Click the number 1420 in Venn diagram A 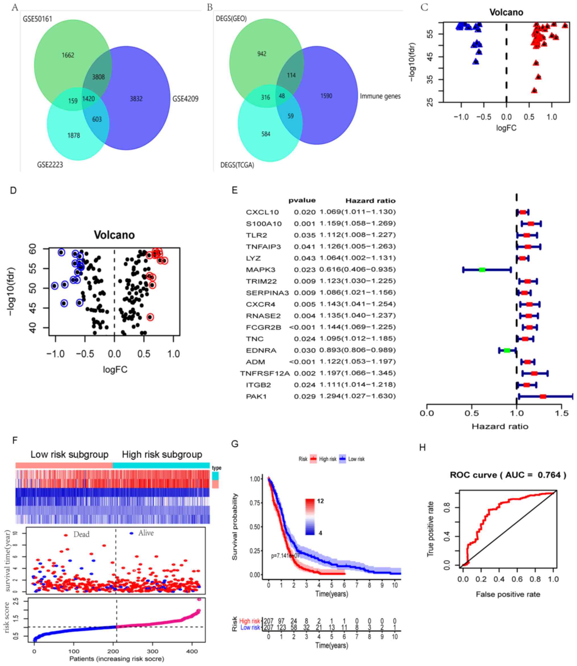[x=89, y=99]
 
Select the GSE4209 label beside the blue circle [x=185, y=99]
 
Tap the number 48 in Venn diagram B [x=282, y=96]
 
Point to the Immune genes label [x=380, y=96]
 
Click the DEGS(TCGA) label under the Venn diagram [x=237, y=165]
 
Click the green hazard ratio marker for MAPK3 [x=482, y=270]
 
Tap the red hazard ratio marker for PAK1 [x=543, y=396]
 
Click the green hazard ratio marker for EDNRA [x=507, y=350]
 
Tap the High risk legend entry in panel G [x=328, y=459]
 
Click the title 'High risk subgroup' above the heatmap [x=162, y=454]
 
